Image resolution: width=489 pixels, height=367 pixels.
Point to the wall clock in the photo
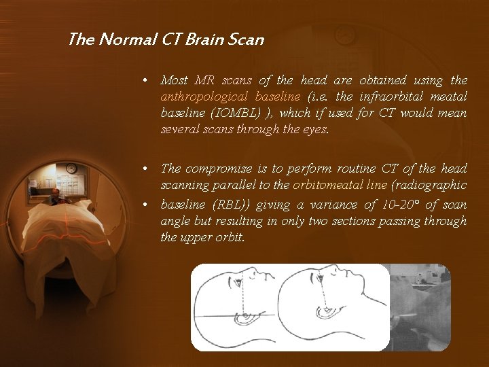(71, 168)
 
